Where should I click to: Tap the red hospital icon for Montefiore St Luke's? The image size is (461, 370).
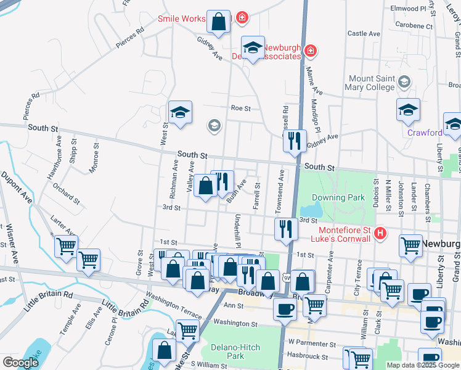[381, 234]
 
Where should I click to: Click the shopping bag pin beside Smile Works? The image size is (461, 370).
[218, 22]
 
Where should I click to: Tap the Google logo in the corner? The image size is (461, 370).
[20, 363]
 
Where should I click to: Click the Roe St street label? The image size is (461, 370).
[240, 108]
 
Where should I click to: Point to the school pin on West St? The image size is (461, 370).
[180, 112]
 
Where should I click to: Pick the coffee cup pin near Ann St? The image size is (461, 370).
[285, 308]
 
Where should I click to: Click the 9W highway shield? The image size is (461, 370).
[287, 279]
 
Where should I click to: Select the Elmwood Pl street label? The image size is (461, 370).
[409, 9]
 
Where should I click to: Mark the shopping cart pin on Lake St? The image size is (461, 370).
[187, 329]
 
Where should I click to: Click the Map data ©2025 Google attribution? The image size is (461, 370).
[423, 365]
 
